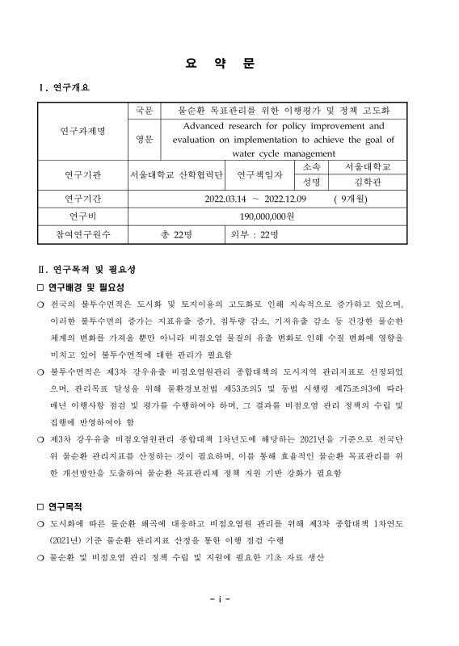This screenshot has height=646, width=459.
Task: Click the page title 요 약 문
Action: point(229,64)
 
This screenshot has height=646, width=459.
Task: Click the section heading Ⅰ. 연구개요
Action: point(65,88)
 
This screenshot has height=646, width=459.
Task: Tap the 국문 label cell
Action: point(143,111)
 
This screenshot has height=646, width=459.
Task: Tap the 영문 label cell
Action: point(143,140)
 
